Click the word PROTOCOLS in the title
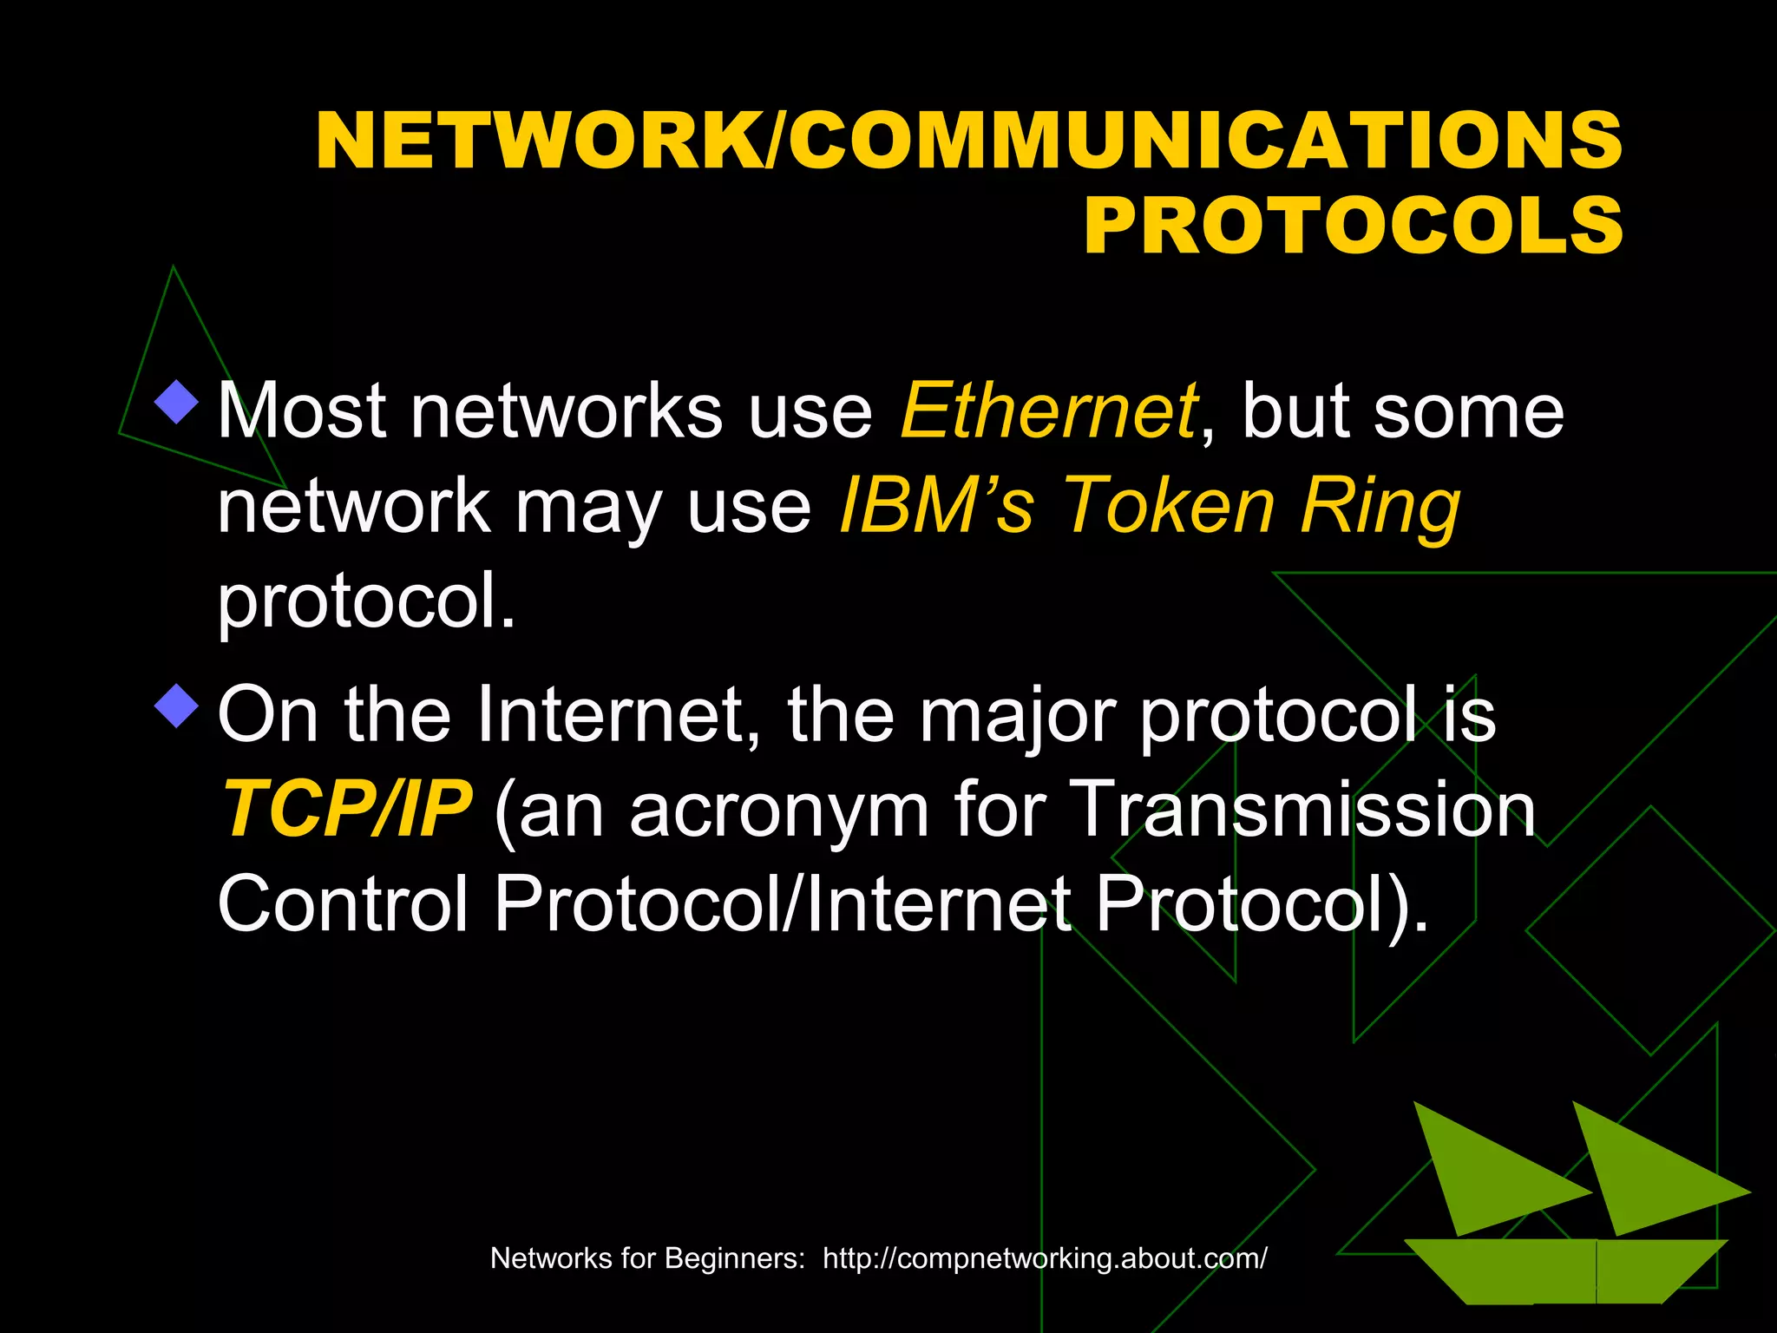click(x=1353, y=226)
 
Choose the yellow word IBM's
click(x=937, y=506)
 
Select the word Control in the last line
click(x=343, y=904)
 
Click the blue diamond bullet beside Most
click(x=177, y=401)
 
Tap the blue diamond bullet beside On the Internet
click(x=177, y=705)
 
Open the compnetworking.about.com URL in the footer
click(x=1045, y=1257)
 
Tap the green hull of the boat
click(x=1562, y=1269)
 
